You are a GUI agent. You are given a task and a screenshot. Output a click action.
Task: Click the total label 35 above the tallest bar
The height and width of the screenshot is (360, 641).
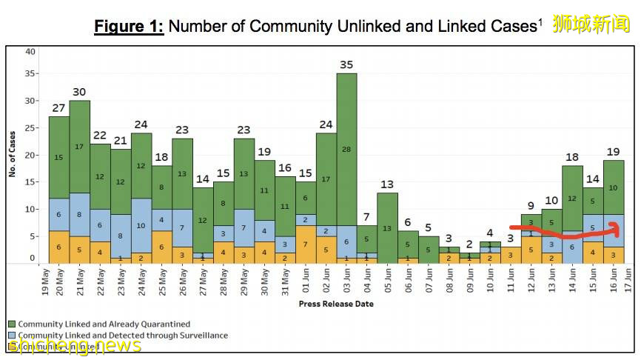click(x=346, y=64)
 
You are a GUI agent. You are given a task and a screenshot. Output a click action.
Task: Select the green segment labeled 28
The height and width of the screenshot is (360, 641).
click(x=346, y=150)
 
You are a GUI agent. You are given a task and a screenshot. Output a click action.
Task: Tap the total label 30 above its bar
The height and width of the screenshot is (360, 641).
click(x=79, y=92)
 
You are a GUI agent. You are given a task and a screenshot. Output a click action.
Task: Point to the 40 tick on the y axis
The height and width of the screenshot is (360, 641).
click(x=30, y=52)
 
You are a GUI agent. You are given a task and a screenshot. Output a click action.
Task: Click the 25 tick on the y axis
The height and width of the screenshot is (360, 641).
click(x=30, y=127)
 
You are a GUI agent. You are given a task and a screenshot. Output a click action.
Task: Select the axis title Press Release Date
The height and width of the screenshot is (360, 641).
click(x=336, y=304)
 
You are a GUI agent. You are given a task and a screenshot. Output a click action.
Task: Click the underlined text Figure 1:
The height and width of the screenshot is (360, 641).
click(x=129, y=27)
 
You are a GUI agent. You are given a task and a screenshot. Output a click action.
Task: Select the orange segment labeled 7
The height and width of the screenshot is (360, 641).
click(x=305, y=244)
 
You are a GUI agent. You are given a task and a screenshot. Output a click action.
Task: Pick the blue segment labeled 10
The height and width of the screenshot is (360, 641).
click(x=141, y=225)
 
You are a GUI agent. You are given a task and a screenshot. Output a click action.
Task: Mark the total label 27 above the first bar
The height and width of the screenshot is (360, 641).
click(x=58, y=108)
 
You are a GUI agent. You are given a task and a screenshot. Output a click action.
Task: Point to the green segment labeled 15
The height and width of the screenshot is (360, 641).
click(x=58, y=157)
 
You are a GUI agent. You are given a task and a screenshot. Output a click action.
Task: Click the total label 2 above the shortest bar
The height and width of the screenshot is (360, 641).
click(x=469, y=244)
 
